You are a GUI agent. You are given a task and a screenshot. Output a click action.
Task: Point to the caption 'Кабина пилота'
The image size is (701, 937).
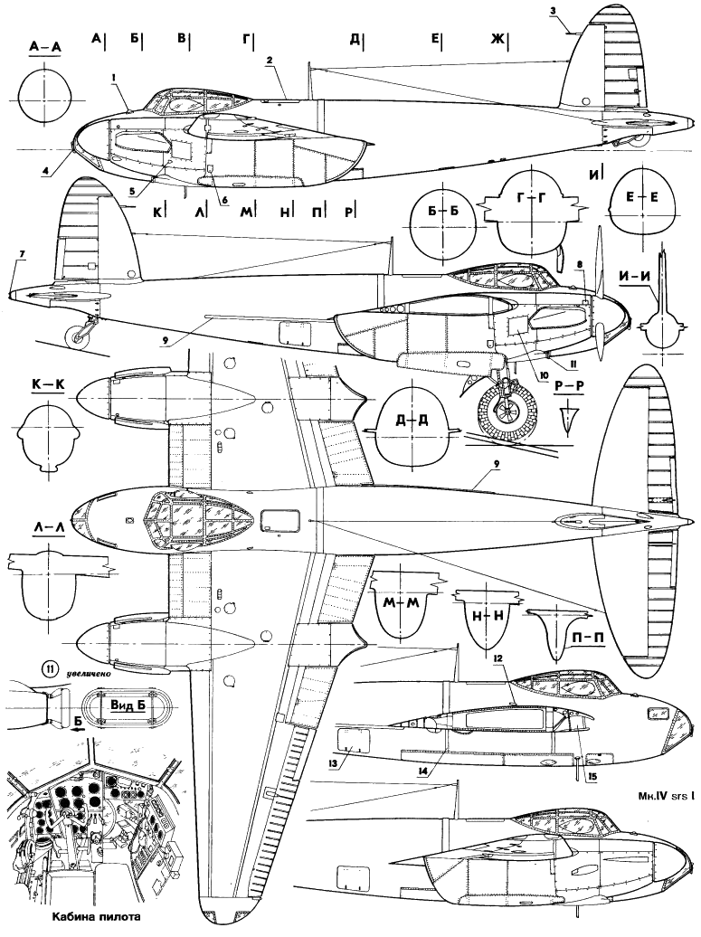82,923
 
